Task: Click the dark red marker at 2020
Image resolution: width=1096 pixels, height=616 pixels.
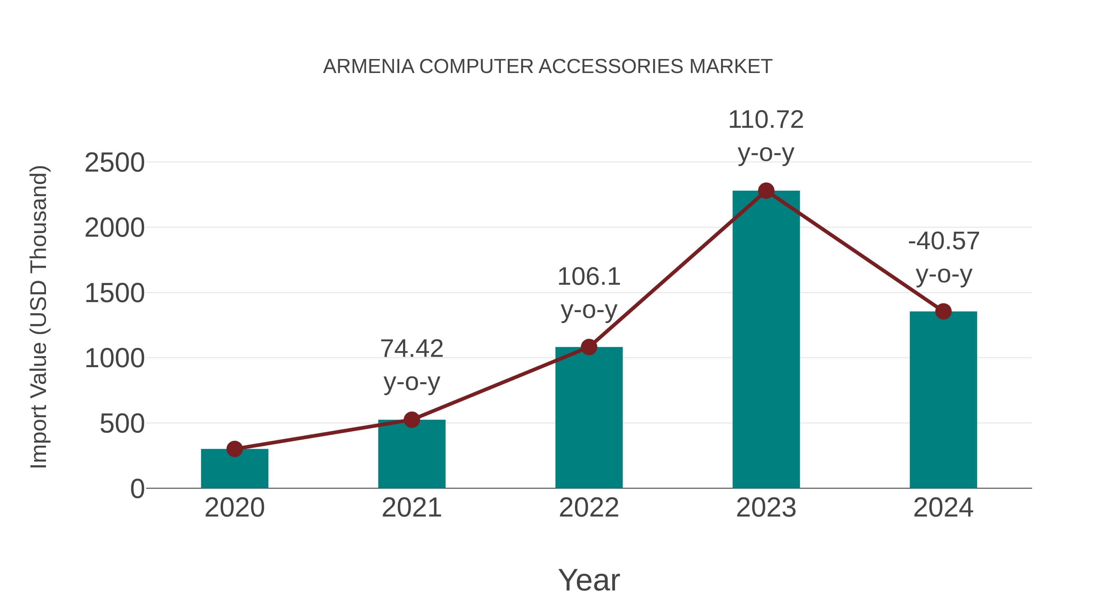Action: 234,449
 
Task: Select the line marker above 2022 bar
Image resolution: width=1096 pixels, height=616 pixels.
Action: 589,347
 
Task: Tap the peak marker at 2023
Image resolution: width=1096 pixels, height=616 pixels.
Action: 766,191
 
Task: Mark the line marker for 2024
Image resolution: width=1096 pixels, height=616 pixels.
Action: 943,311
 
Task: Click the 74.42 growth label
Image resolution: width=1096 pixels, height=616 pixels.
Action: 411,349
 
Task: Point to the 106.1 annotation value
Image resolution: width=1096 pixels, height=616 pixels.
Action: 589,277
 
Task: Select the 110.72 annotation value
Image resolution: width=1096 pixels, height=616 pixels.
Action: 766,120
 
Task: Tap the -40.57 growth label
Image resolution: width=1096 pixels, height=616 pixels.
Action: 943,242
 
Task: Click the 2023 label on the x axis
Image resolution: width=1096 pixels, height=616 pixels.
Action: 766,508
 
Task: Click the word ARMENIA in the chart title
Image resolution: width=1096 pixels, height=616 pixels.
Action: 368,67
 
